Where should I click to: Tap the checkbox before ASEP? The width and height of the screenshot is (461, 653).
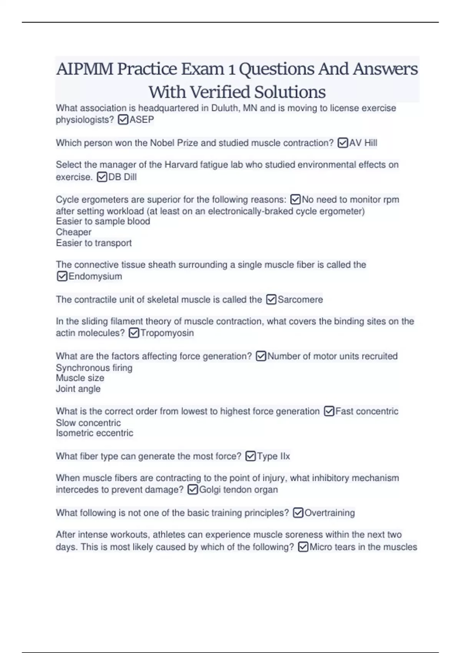point(123,120)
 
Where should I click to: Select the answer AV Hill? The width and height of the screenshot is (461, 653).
point(363,143)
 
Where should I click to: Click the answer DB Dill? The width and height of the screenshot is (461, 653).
point(123,177)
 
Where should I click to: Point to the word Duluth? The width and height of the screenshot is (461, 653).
point(225,108)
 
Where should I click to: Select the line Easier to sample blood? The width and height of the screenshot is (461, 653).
point(103,221)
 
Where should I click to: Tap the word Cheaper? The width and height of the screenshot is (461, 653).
point(74,232)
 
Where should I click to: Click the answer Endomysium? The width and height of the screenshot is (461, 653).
point(95,276)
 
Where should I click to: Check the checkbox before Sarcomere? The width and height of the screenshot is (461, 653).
point(271,299)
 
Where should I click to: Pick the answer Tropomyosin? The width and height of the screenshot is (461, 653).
point(167,333)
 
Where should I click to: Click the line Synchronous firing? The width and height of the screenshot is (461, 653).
point(94,368)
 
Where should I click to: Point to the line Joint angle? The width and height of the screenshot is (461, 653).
point(78,389)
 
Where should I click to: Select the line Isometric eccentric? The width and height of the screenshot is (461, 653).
point(95,433)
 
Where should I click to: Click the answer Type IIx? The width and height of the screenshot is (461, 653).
point(273,456)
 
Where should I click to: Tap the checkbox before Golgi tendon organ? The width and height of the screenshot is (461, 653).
point(193,489)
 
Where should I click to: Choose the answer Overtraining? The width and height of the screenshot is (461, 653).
point(330,513)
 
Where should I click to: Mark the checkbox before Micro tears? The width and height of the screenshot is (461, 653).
point(303,547)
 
